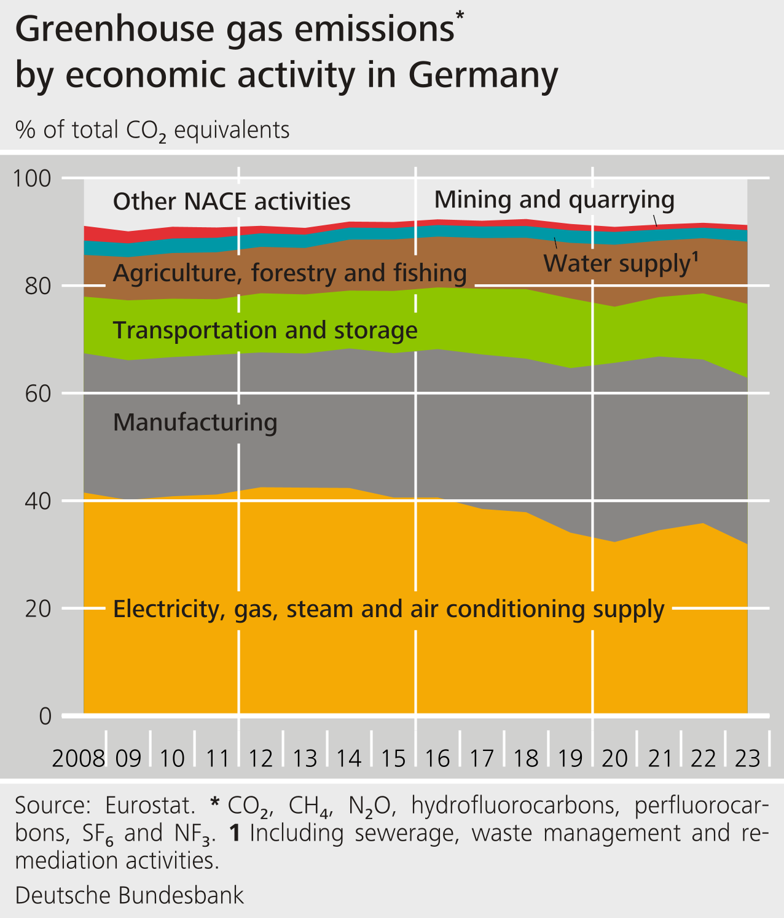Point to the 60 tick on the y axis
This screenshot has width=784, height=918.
pos(38,394)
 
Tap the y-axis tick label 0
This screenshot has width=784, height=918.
pos(45,716)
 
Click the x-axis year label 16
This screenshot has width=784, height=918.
pos(437,759)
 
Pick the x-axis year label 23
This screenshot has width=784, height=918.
pos(748,759)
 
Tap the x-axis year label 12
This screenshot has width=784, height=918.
pos(261,759)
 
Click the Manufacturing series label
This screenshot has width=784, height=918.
pos(195,422)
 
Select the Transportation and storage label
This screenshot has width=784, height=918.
pos(265,330)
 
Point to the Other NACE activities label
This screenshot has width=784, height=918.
pos(232,202)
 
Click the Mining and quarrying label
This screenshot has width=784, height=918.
pos(554,200)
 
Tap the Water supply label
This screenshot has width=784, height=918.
pos(621,263)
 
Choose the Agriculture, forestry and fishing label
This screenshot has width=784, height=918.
pos(290,273)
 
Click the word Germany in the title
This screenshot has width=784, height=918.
pos(483,76)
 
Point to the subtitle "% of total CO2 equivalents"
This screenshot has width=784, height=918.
pos(152,130)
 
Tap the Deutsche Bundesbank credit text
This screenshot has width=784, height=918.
pos(130,895)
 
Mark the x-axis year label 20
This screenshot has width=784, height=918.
pos(615,759)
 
